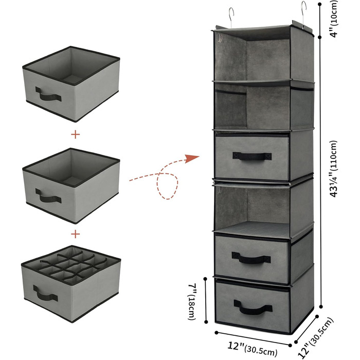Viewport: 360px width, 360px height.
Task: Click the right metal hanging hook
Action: point(303,14)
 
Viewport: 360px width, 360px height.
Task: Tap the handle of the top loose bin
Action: point(48,95)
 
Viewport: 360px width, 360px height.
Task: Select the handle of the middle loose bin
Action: point(48,196)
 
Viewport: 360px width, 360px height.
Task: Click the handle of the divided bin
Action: point(45,293)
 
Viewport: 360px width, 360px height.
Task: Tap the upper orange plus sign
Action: point(76,134)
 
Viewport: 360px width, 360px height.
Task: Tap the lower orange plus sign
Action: point(76,235)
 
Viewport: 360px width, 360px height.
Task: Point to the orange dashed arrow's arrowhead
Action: point(192,158)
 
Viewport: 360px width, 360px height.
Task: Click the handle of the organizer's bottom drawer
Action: point(253,307)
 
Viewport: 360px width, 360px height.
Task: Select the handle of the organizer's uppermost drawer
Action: point(252,156)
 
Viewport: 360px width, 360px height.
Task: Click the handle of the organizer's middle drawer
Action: point(251,258)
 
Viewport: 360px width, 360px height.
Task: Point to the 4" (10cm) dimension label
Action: point(334,19)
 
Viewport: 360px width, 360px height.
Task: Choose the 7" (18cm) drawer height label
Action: point(192,301)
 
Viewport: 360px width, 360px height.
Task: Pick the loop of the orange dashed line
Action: point(167,186)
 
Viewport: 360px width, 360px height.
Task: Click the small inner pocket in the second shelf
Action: point(230,108)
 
